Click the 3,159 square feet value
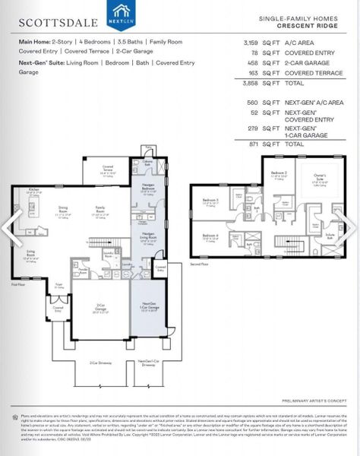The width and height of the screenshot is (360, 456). pos(250,43)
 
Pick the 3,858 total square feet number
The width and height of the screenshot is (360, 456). pos(250,83)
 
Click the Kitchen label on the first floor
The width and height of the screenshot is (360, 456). pos(33,189)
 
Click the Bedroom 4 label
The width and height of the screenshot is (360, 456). pos(211,236)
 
